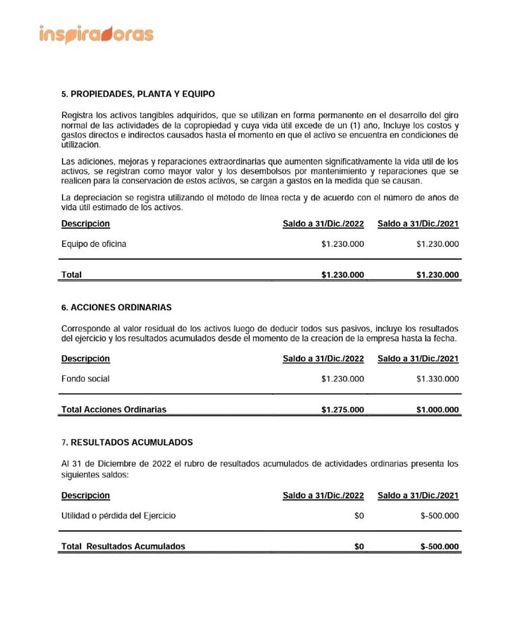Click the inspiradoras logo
point(96,35)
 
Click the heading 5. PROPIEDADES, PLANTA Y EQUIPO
point(138,94)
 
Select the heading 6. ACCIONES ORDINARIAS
point(116,307)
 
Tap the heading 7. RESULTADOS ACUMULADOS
point(127,442)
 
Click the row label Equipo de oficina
point(93,244)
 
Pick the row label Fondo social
point(85,379)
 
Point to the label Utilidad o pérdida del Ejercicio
point(118,515)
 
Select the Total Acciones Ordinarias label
point(114,410)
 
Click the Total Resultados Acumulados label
point(123,546)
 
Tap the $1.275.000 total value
point(343,410)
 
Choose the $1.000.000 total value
point(438,410)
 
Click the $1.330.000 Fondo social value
point(438,379)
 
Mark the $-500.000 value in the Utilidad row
point(440,515)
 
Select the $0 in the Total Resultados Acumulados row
point(359,546)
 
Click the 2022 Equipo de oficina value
point(343,244)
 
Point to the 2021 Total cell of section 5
point(438,275)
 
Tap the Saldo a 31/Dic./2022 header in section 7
point(323,496)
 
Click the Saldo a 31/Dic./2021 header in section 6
point(418,359)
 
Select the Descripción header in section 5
point(85,223)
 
